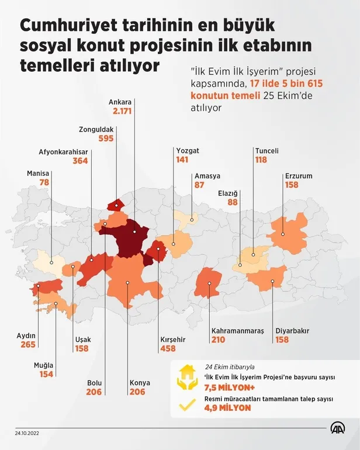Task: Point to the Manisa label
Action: click(x=38, y=174)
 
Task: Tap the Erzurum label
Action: click(x=299, y=175)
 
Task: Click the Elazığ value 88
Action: click(x=233, y=202)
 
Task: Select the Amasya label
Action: click(x=207, y=176)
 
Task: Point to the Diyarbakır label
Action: click(x=292, y=331)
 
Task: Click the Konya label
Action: click(x=139, y=383)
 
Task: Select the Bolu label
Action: click(x=94, y=383)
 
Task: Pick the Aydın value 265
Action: click(x=27, y=345)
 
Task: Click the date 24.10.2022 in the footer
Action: click(x=28, y=433)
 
